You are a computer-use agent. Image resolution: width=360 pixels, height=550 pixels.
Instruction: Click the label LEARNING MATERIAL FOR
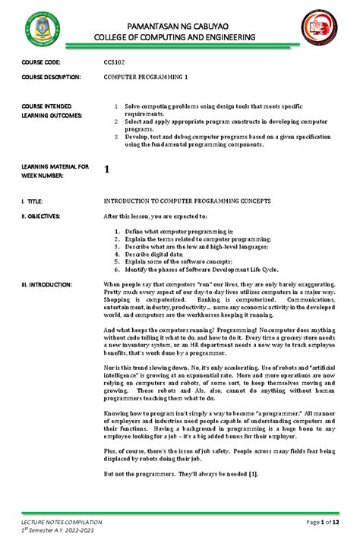coord(55,166)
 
